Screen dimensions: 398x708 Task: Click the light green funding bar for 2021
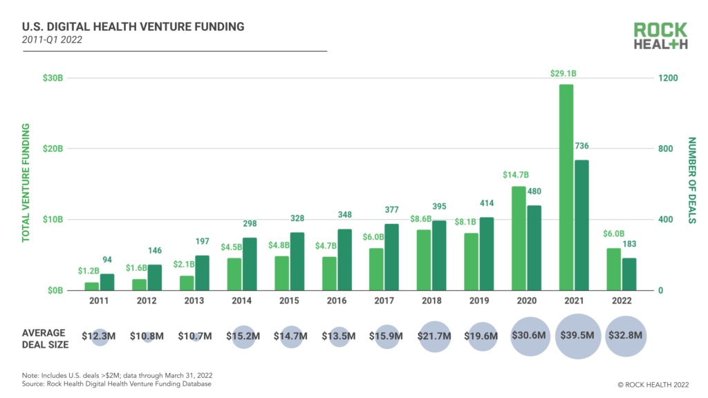[566, 187]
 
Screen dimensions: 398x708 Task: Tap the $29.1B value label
[564, 73]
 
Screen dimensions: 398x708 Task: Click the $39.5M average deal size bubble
[579, 336]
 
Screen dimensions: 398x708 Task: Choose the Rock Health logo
[660, 36]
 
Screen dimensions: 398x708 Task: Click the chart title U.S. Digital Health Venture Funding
[133, 27]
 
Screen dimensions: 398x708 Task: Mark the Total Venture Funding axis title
[26, 182]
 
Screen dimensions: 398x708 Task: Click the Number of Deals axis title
[691, 180]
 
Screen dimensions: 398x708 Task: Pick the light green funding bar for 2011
[92, 286]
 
